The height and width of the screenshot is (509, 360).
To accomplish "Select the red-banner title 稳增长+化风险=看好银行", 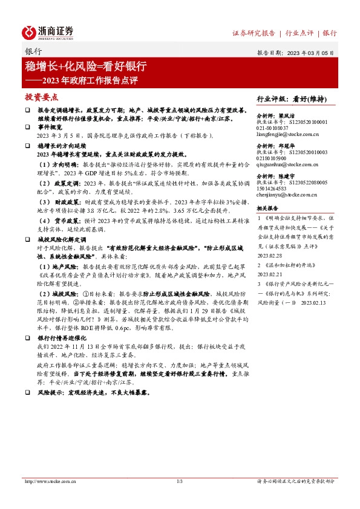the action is pos(85,66).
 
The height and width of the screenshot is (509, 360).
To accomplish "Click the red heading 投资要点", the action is pos(41,97).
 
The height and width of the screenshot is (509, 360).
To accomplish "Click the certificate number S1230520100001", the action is pos(306,122).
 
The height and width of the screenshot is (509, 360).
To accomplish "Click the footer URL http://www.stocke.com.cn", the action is pos(48,481).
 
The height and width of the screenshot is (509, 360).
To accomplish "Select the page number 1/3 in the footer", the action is pos(179,481).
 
